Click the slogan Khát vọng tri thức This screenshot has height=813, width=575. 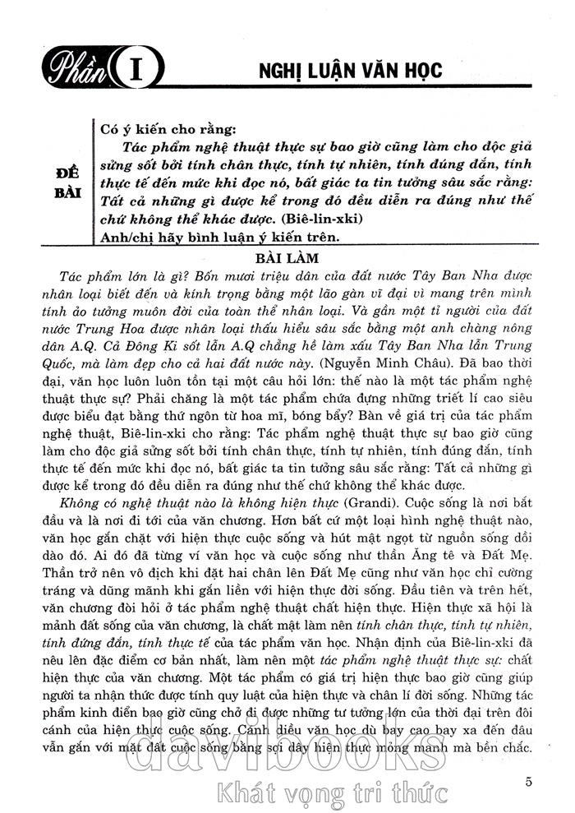[329, 794]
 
